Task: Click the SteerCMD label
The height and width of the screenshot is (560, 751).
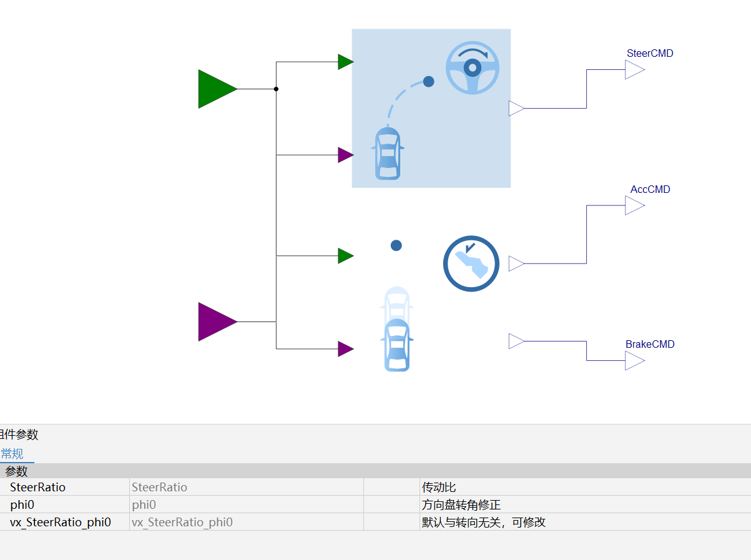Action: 650,53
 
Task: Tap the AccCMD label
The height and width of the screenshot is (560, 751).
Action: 650,189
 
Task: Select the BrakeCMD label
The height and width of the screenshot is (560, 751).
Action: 650,344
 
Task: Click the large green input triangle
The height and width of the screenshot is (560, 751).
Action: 215,89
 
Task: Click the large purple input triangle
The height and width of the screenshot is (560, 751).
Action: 215,322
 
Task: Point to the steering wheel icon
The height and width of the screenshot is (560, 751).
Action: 473,67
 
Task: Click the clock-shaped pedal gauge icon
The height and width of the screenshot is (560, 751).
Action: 471,263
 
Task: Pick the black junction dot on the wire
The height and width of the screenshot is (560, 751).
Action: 276,89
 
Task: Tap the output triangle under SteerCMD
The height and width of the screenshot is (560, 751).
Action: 635,70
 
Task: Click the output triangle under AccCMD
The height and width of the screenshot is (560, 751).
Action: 635,205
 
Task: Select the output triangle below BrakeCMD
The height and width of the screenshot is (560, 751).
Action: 635,361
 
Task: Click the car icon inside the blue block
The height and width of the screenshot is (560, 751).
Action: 388,153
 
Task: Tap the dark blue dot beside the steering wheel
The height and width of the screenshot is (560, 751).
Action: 428,81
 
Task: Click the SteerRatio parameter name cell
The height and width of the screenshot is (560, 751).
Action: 37,487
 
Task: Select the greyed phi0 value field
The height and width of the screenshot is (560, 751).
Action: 144,504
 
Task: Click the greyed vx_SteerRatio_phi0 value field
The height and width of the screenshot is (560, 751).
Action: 182,522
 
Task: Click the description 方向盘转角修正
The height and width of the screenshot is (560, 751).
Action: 461,504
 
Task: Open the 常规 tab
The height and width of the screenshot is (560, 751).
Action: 12,454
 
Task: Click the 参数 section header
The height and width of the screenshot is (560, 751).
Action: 16,471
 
